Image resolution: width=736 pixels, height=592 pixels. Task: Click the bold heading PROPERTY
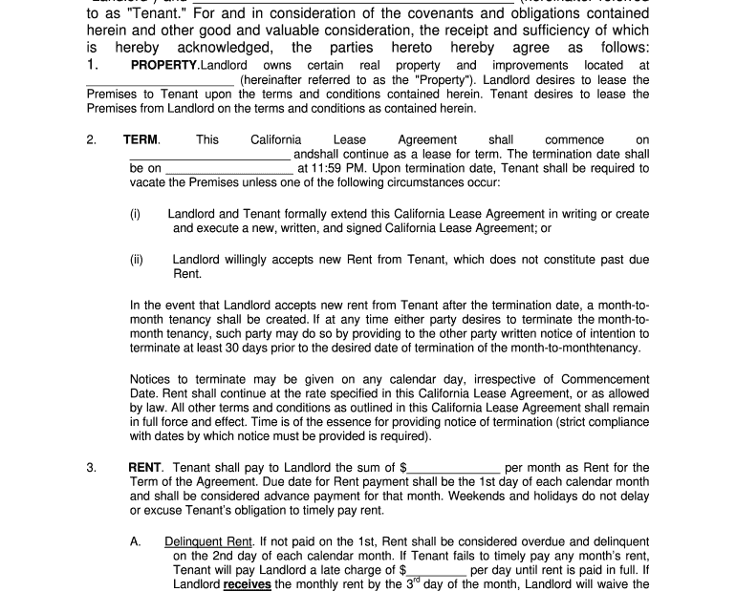164,66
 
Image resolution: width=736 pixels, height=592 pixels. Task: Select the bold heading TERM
141,139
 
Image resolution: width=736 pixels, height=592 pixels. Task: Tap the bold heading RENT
146,468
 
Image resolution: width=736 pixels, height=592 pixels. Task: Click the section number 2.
92,139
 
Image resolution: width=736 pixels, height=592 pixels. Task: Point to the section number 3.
92,468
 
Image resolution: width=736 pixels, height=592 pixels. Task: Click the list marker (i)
136,214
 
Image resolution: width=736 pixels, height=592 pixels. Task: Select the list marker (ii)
137,259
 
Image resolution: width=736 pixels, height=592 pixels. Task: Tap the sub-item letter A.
136,541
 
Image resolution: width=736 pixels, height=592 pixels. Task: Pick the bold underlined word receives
248,584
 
